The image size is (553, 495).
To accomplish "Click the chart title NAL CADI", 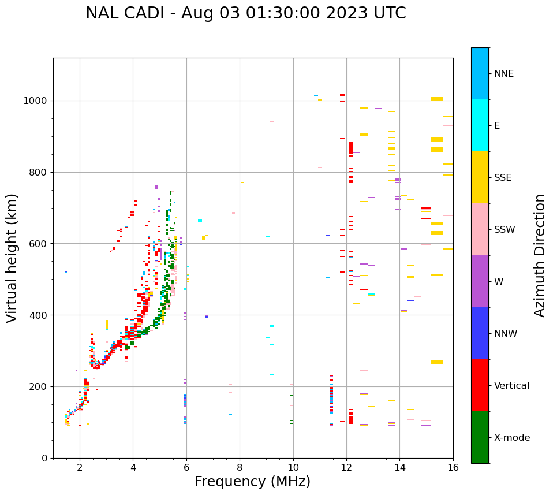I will click(x=245, y=13).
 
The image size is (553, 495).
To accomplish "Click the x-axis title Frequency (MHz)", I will click(x=252, y=482).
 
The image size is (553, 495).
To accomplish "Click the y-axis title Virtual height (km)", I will click(x=12, y=258).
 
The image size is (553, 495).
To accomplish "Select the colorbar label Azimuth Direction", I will click(x=540, y=255).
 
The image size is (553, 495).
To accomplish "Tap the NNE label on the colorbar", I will click(x=503, y=74).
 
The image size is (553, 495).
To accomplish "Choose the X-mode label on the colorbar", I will click(x=511, y=438).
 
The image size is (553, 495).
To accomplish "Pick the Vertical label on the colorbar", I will click(x=511, y=386).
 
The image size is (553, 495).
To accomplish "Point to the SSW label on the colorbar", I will click(x=505, y=230).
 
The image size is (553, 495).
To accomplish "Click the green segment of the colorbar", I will click(x=480, y=437).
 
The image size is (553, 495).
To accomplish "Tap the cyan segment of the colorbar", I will click(x=480, y=125).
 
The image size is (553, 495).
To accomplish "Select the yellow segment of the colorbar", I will click(x=480, y=177).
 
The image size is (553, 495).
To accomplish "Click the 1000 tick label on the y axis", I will click(x=36, y=101).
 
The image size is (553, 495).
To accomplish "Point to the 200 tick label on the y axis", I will click(x=39, y=386).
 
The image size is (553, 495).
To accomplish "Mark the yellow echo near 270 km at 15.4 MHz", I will click(x=437, y=362).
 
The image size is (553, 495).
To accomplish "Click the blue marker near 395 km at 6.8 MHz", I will click(x=207, y=317).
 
